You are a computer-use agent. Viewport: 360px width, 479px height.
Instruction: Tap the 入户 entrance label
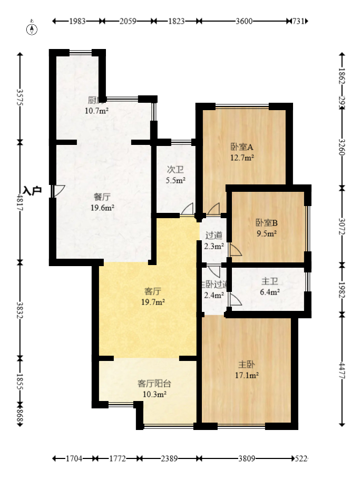coord(32,190)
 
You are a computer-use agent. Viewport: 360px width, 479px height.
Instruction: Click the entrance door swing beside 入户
coord(58,191)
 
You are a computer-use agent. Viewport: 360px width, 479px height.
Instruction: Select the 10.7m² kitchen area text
coord(96,111)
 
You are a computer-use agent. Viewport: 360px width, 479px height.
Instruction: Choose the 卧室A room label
coord(242,147)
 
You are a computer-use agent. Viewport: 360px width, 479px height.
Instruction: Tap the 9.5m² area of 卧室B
coord(267,232)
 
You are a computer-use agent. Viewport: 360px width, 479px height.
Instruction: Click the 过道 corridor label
coord(213,236)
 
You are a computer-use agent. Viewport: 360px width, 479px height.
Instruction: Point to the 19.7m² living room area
coord(153,302)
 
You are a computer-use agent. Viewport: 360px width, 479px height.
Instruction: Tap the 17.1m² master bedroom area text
coord(246,375)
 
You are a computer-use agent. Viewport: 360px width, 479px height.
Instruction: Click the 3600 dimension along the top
coord(244,21)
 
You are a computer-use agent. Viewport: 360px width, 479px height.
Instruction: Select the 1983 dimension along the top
coord(77,21)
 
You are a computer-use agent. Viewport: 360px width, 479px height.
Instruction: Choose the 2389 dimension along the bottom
coord(169,459)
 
